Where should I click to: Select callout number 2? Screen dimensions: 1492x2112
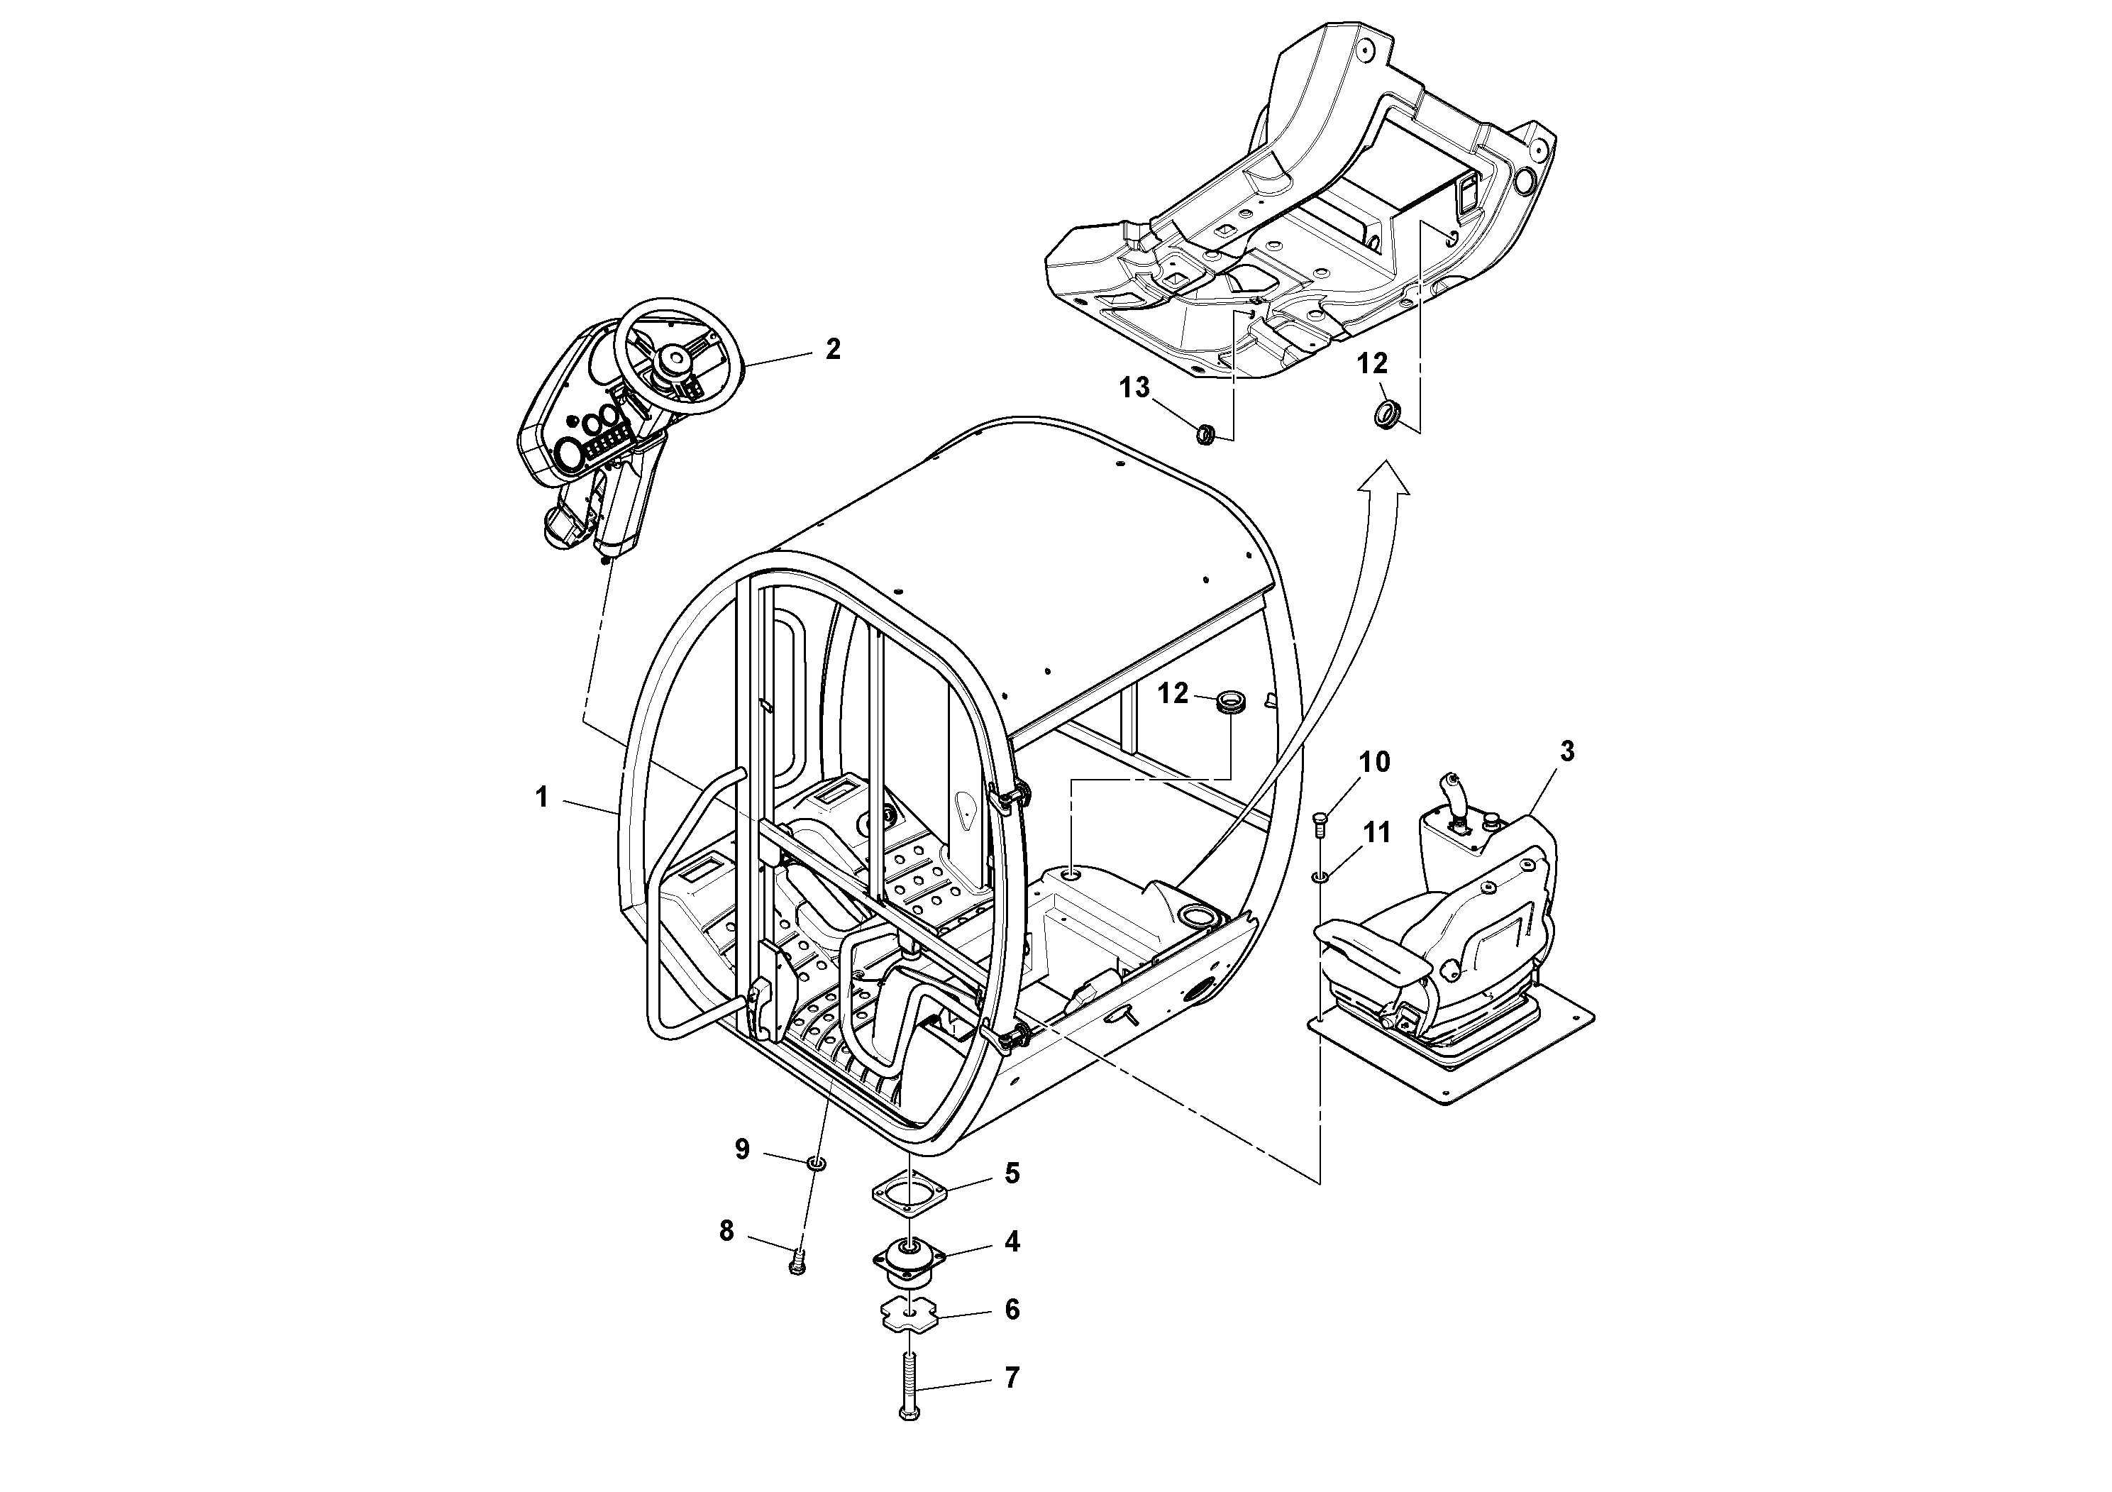832,350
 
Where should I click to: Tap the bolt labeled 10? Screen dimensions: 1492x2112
1320,822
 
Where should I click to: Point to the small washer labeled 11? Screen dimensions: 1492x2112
1321,877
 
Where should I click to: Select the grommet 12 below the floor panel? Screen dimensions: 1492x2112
1386,413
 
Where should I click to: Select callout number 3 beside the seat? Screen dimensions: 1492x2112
1566,751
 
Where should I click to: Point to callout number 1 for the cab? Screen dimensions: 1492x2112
542,797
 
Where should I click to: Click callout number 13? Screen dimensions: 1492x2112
1134,388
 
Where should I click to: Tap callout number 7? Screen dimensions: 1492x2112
1012,1404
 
